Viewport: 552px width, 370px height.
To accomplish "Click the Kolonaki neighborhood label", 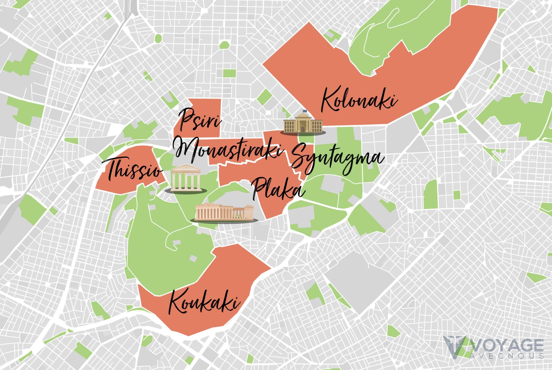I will [x=359, y=99].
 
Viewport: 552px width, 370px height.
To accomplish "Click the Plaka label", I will [x=277, y=189].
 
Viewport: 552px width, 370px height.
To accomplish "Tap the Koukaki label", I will [x=204, y=302].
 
